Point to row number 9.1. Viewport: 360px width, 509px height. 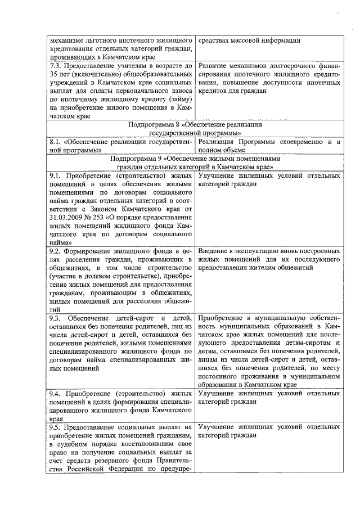click(x=55, y=176)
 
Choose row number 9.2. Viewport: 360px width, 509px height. click(x=55, y=250)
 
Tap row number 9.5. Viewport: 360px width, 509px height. click(x=55, y=427)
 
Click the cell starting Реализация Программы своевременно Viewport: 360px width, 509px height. click(x=269, y=145)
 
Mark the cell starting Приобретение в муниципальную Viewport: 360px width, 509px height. click(x=269, y=350)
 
